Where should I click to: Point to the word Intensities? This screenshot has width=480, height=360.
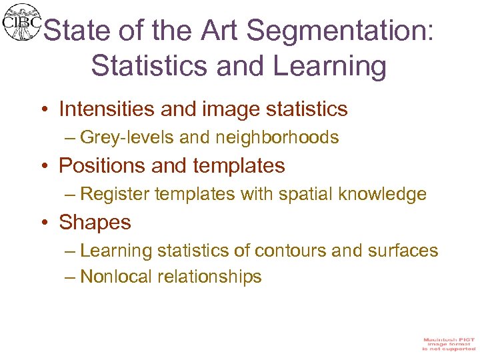[x=110, y=109]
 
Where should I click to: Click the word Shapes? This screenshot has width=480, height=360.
[x=95, y=222]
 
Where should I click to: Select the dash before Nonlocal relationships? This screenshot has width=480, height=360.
[x=71, y=277]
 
